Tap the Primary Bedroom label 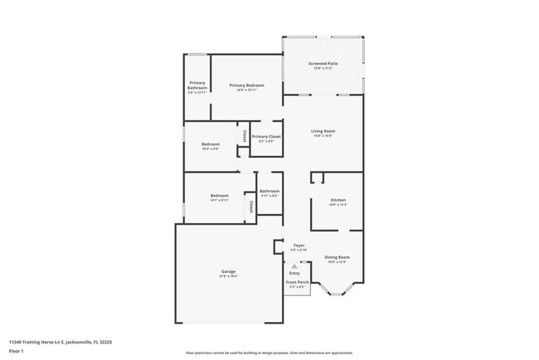point(247,85)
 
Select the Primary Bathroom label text point(197,85)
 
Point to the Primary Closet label point(266,136)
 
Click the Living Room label point(323,131)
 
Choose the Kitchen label point(337,200)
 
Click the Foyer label point(299,246)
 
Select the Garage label point(228,271)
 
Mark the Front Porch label point(298,283)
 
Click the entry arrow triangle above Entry point(294,265)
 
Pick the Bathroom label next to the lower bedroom point(269,191)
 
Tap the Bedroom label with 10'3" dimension point(211,144)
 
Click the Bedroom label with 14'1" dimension point(219,196)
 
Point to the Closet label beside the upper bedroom point(245,135)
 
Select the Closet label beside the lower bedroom point(250,205)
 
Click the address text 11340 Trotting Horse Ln point(61,341)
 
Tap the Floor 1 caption point(17,350)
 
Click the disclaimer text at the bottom point(269,353)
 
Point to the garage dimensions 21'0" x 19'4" point(228,276)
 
